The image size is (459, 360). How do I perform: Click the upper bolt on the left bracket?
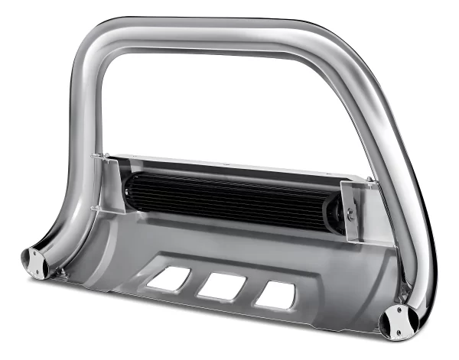pyautogui.click(x=96, y=157)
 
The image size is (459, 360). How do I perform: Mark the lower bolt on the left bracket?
pyautogui.click(x=95, y=208)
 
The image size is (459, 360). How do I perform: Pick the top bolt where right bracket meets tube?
pyautogui.click(x=370, y=181)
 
